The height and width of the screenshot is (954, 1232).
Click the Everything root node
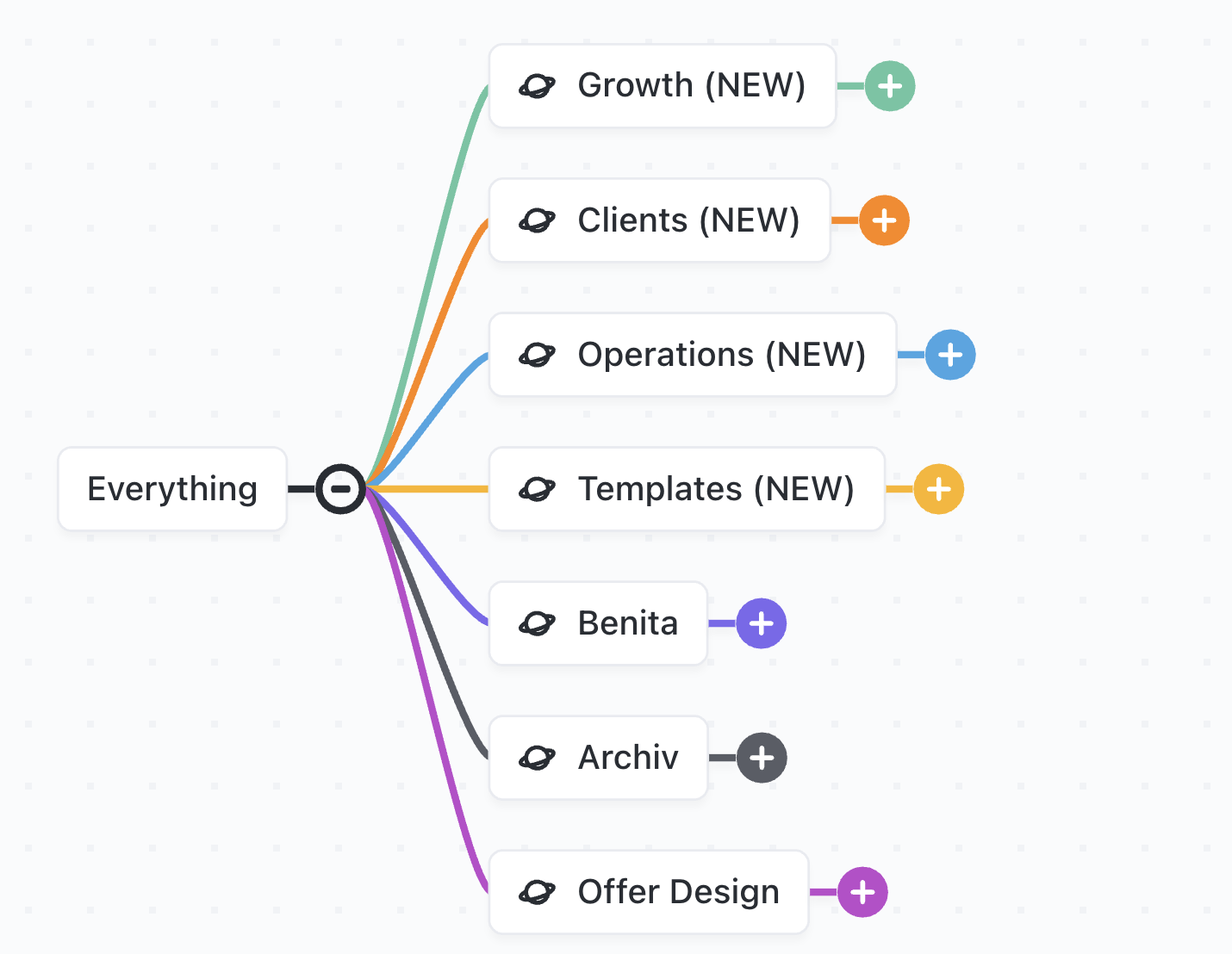[172, 489]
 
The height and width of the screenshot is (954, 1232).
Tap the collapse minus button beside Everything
[341, 489]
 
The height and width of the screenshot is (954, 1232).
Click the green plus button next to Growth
[890, 86]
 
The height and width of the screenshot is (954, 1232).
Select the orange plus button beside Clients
[884, 220]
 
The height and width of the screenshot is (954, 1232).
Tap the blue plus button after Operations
[950, 355]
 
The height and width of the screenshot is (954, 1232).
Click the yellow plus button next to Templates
[938, 489]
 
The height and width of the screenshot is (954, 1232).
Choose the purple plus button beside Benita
[762, 623]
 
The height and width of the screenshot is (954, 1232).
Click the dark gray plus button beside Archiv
[762, 758]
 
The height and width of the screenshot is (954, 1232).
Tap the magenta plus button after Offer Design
[862, 892]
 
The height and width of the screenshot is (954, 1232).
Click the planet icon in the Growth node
[537, 86]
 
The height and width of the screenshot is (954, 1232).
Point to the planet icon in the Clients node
[537, 220]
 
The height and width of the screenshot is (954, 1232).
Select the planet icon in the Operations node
[537, 355]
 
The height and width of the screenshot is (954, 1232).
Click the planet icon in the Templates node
[537, 489]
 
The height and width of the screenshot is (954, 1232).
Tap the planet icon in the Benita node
[537, 623]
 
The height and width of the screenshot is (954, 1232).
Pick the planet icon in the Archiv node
[537, 758]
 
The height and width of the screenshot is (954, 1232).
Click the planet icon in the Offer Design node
[537, 892]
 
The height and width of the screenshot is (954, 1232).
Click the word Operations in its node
[666, 355]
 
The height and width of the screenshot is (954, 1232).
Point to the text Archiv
[628, 758]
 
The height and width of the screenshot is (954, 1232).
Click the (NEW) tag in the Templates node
[804, 489]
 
